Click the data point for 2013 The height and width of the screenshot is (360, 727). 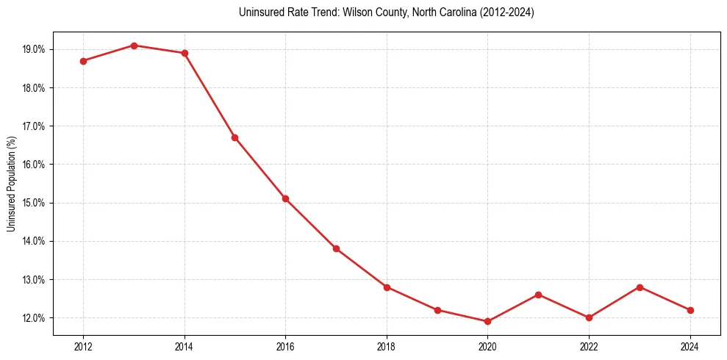(134, 46)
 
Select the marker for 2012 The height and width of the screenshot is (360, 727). (83, 61)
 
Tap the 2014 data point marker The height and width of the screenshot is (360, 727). (185, 53)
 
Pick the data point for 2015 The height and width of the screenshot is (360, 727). (235, 137)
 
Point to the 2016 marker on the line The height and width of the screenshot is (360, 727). (285, 198)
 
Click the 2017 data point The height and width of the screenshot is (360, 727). (336, 248)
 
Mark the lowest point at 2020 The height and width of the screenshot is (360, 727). (487, 321)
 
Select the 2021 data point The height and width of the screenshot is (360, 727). (538, 295)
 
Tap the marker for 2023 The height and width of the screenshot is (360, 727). (640, 287)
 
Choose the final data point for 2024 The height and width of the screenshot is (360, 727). (690, 310)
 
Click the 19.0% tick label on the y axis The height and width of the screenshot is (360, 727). (35, 49)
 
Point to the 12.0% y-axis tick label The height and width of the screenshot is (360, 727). (35, 318)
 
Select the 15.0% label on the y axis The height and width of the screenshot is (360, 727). (35, 203)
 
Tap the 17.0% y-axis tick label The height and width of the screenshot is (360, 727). (35, 126)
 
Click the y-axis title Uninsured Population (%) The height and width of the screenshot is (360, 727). (11, 184)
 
